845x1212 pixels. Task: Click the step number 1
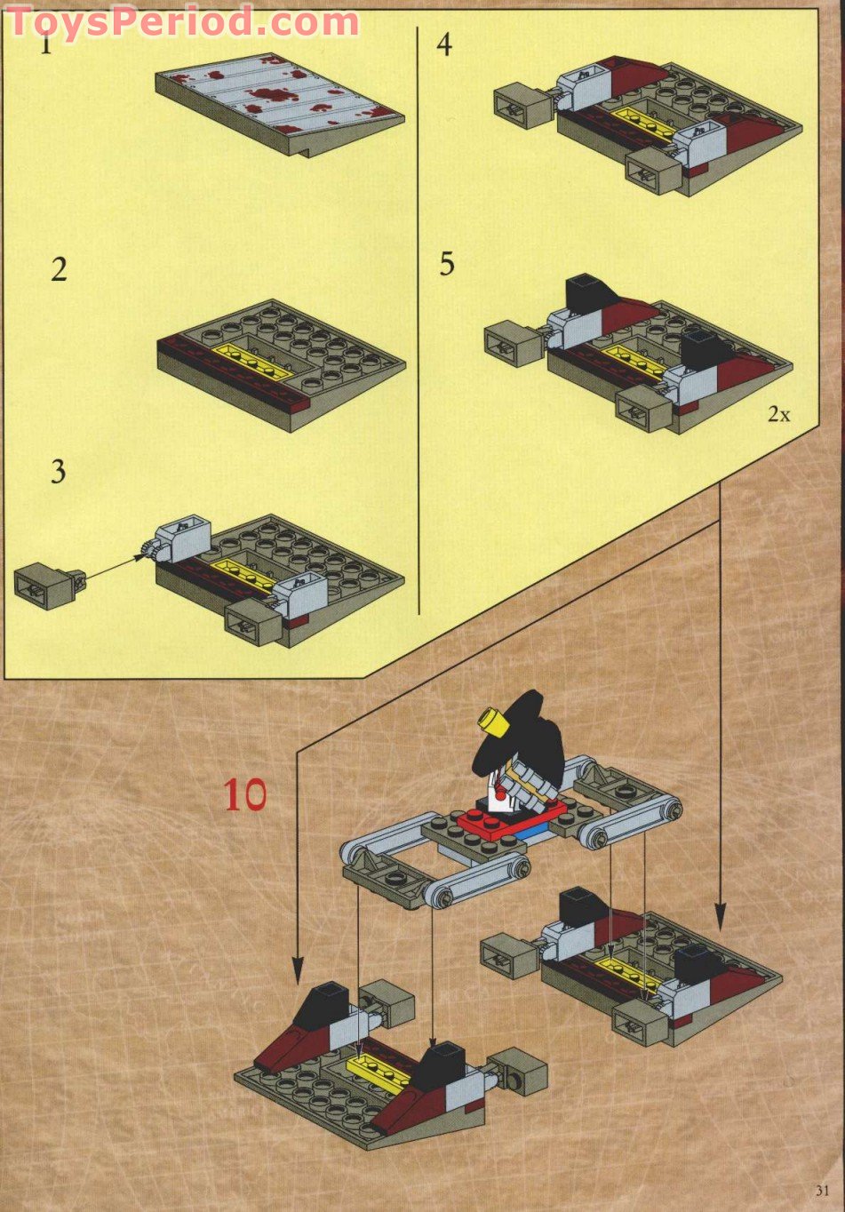[45, 43]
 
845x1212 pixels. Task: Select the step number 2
[59, 269]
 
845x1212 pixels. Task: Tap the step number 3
[58, 471]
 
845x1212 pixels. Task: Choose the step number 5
[446, 264]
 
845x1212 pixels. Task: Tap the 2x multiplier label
[778, 414]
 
